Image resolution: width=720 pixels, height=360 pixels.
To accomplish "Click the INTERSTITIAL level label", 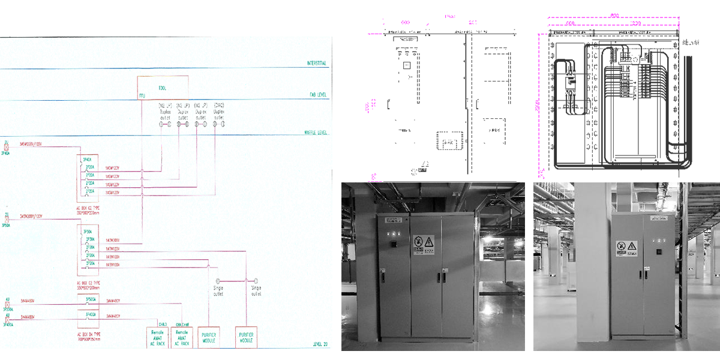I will tap(316, 64).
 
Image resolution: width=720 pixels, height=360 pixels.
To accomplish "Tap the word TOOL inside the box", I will tap(161, 88).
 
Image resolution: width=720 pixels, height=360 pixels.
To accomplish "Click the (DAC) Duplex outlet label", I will tap(219, 111).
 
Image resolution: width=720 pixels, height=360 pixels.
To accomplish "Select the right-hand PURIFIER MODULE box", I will tap(247, 336).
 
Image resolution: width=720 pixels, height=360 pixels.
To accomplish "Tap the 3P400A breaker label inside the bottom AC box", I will tap(91, 314).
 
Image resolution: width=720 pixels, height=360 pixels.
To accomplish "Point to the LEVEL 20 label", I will tap(320, 344).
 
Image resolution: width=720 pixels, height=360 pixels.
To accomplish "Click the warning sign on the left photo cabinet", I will tap(424, 243).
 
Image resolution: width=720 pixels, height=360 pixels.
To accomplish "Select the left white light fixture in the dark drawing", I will tap(568, 38).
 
